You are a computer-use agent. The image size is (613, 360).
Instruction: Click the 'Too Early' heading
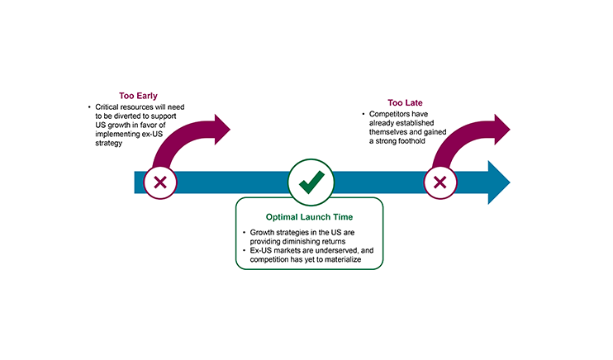point(138,96)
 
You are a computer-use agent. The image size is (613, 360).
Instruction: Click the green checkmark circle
point(311,182)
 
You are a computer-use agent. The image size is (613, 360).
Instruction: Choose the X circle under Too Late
point(440,182)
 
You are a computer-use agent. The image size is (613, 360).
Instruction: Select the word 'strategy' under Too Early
point(108,144)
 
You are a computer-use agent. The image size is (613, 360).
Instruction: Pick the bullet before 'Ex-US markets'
point(244,252)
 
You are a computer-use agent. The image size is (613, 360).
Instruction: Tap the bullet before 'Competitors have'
point(362,114)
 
